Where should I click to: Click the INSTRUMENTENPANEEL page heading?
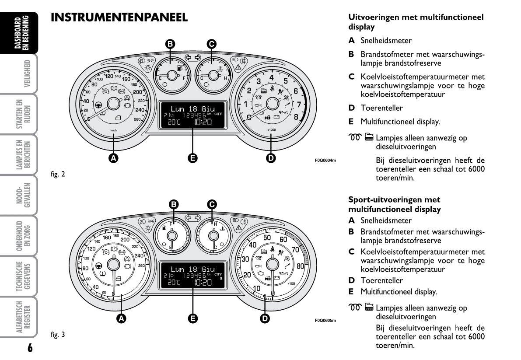(119, 17)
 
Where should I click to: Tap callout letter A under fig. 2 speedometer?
(114, 158)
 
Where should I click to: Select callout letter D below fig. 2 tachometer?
(271, 158)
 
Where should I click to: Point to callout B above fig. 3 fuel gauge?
(174, 204)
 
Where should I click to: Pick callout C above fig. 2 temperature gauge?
(211, 43)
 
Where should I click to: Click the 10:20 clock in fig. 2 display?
(203, 122)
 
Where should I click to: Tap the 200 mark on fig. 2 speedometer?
(137, 92)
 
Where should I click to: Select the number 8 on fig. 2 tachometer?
(296, 116)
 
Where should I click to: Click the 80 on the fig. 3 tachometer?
(301, 266)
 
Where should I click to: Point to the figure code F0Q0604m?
(325, 160)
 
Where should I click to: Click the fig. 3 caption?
(58, 335)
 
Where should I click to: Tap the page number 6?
(29, 348)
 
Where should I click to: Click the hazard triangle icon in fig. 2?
(238, 67)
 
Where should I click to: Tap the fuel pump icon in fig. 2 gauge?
(179, 68)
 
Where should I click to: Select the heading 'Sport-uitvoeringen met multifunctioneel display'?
(394, 204)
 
